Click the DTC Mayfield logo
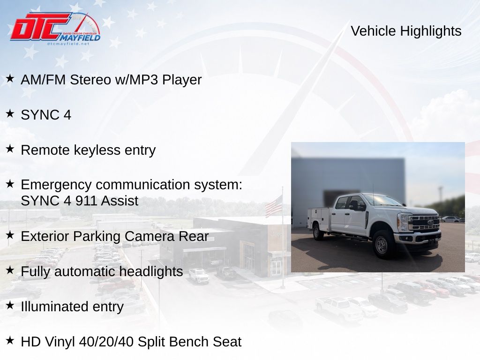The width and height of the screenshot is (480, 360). [55, 29]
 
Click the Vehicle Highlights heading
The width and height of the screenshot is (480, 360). [406, 31]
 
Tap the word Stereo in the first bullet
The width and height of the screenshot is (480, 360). [90, 80]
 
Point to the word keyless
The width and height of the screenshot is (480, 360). [97, 150]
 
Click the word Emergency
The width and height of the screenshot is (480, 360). [56, 185]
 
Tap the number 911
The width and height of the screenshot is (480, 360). [87, 201]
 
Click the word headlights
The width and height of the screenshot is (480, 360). [151, 271]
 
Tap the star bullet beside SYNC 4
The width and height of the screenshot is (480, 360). [10, 113]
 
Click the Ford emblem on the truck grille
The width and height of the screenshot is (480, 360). [430, 222]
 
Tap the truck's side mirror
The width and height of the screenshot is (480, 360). [353, 204]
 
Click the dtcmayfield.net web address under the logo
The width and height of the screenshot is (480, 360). [68, 44]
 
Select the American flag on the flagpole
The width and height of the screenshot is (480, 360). [273, 206]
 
